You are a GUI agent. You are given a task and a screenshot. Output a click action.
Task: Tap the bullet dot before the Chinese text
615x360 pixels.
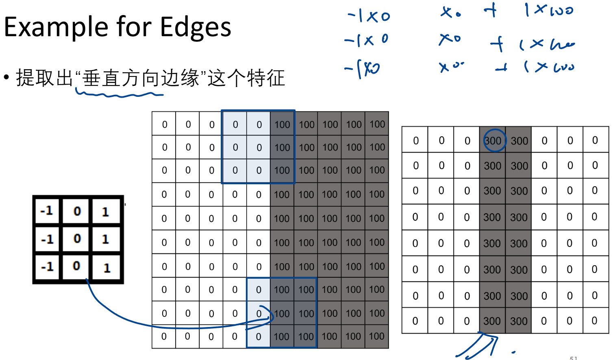(6, 77)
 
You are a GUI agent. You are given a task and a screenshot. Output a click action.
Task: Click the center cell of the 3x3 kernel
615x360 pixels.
(77, 238)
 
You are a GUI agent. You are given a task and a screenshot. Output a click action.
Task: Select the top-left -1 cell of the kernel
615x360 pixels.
(47, 211)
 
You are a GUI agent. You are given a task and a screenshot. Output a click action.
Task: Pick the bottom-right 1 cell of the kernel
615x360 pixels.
(107, 268)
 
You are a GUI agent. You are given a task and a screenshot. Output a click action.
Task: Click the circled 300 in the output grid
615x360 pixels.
(493, 140)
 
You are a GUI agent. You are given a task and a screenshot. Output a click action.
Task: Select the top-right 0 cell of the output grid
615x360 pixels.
(595, 140)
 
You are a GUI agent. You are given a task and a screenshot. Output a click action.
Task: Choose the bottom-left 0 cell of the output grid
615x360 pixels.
(415, 321)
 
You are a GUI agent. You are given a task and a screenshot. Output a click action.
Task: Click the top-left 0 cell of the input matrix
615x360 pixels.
(164, 124)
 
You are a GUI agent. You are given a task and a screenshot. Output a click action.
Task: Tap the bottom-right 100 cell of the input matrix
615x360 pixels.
(377, 336)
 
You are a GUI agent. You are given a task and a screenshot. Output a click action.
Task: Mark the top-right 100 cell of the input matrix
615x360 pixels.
(377, 124)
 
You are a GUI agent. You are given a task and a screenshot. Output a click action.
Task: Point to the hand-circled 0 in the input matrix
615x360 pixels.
(259, 314)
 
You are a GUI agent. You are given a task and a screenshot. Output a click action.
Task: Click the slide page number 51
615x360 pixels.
(573, 358)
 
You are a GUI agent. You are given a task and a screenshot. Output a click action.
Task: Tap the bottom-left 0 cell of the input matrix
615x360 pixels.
(164, 336)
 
